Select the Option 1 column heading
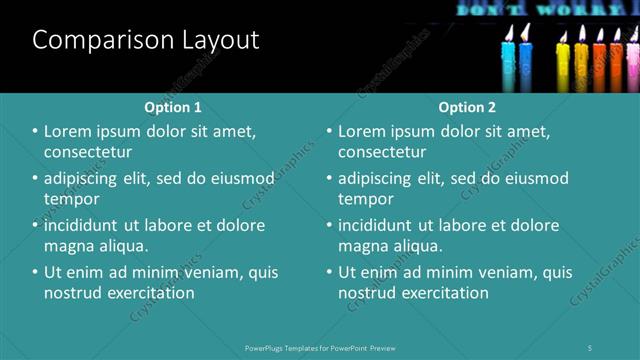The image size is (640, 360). pos(172,106)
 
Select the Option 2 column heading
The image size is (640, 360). pos(466,106)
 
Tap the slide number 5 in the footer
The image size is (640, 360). pos(590,347)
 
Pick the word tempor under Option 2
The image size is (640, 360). pos(366,199)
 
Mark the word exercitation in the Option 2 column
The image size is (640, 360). pos(440,293)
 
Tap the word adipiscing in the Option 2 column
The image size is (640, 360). pos(374,179)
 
